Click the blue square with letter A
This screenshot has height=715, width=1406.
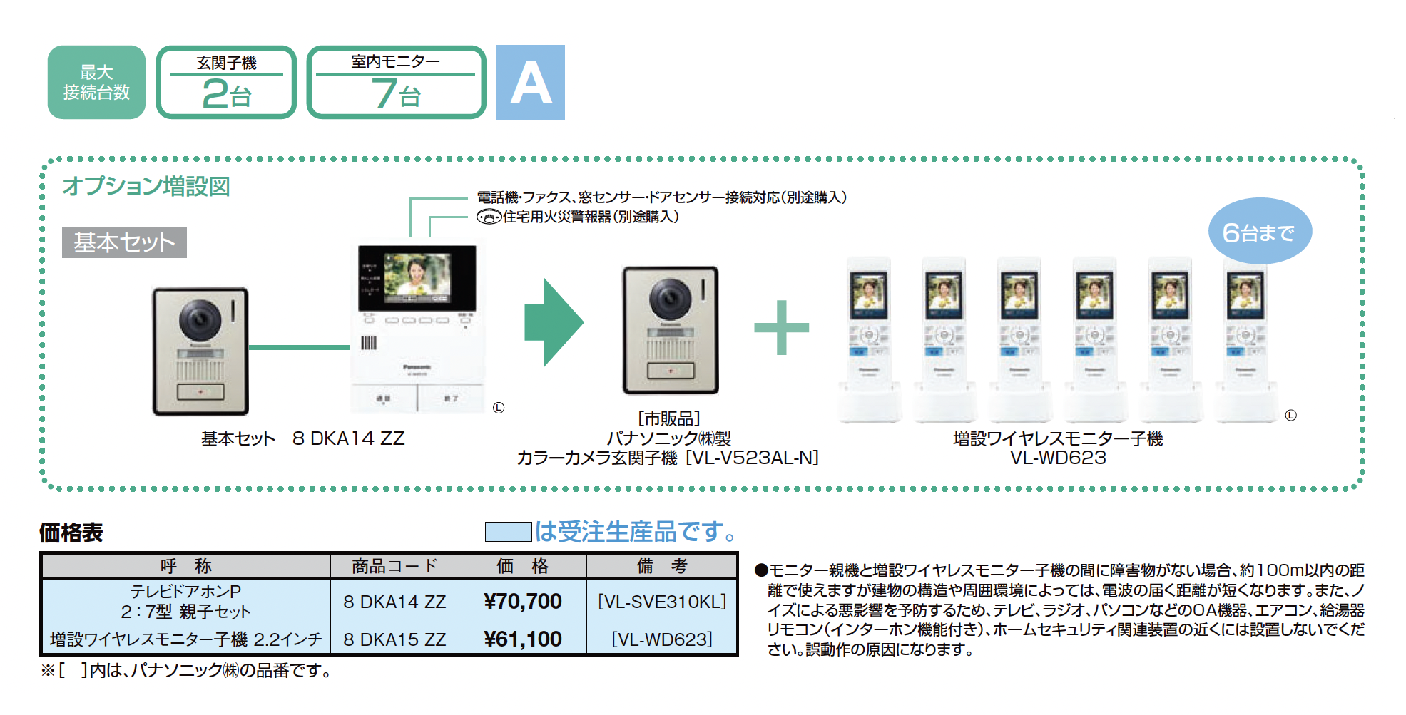point(530,83)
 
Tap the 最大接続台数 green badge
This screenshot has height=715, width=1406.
point(96,83)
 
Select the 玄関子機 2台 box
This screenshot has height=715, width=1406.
point(226,83)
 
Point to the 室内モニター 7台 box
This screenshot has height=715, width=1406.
point(396,83)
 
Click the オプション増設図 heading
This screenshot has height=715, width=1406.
point(146,187)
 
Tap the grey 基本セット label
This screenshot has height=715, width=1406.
point(124,242)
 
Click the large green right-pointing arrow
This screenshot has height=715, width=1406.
point(554,322)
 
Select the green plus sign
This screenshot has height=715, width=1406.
point(781,327)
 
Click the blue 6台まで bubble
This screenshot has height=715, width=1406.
point(1259,232)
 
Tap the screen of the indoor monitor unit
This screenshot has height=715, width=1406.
point(417,277)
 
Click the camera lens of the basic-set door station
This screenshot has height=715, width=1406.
point(199,319)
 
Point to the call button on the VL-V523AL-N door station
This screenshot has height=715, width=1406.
point(670,371)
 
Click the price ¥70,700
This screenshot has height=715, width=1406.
point(523,602)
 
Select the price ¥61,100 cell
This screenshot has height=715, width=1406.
point(523,639)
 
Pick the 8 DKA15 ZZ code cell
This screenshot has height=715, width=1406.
point(394,639)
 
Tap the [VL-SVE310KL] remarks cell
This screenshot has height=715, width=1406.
point(662,602)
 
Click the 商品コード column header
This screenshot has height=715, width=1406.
point(394,566)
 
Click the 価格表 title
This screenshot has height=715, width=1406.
point(71,533)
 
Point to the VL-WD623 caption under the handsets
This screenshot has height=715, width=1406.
point(1058,458)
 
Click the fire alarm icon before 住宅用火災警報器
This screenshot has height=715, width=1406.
point(489,217)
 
